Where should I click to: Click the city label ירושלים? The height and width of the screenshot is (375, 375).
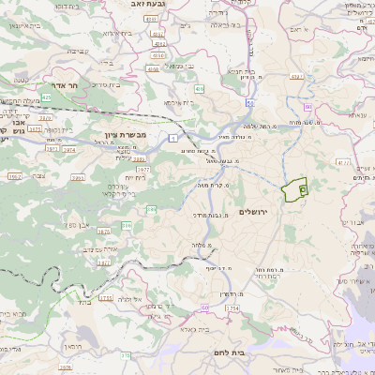tap(254, 213)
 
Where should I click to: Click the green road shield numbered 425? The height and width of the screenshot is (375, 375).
tap(47, 97)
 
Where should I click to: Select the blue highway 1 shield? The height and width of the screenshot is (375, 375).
tap(172, 138)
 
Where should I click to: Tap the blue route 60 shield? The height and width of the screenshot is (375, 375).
tap(251, 102)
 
